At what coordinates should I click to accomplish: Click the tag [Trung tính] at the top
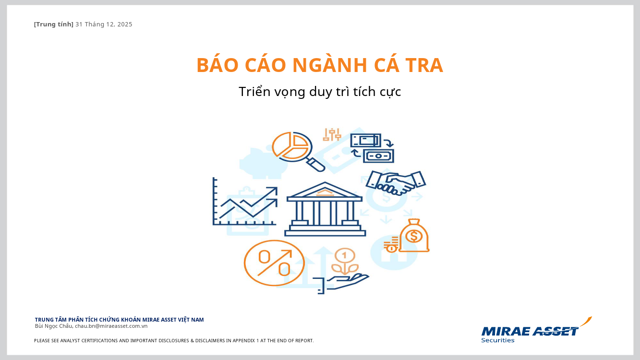(x=54, y=24)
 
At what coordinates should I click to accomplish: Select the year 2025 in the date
(x=125, y=24)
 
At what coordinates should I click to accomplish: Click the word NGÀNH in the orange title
(x=329, y=65)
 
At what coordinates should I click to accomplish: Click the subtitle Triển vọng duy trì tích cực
(x=320, y=92)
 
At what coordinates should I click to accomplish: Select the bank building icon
(x=325, y=209)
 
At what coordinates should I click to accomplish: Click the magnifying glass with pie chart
(x=298, y=151)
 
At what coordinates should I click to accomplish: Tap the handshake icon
(x=396, y=183)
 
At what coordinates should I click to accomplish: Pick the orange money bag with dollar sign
(x=407, y=236)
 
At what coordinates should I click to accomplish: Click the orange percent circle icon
(x=274, y=263)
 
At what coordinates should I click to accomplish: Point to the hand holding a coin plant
(x=341, y=271)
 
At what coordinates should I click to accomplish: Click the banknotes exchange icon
(x=372, y=148)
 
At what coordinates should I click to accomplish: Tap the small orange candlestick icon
(x=332, y=134)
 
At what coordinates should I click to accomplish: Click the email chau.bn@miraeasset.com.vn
(x=111, y=326)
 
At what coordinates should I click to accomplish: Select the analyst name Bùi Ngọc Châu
(x=54, y=326)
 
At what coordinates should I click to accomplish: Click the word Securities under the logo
(x=498, y=340)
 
